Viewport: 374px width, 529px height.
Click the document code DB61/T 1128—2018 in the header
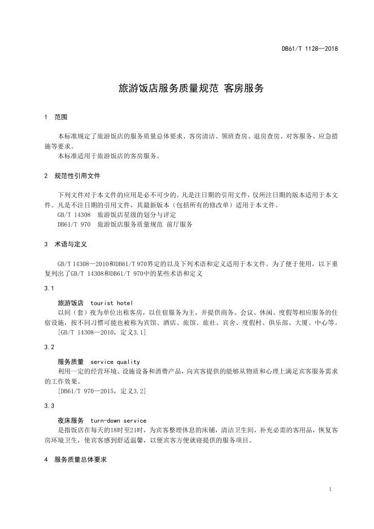310,49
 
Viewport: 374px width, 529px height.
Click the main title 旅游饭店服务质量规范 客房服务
191,89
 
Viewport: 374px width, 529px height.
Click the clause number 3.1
49,288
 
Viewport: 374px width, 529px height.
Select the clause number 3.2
49,346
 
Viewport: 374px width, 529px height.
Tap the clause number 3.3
49,405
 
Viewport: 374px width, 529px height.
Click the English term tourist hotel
111,303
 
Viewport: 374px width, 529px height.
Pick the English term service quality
115,362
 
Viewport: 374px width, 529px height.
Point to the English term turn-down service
118,420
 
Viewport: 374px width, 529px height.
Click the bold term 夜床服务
71,420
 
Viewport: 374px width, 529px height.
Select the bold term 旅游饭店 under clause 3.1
71,303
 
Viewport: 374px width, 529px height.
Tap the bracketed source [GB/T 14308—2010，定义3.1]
102,332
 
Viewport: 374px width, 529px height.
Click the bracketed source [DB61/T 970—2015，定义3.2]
102,391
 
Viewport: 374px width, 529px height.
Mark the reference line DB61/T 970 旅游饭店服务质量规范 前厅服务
125,224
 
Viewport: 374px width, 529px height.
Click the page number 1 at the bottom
329,489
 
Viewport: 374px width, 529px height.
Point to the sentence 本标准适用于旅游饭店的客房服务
109,156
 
